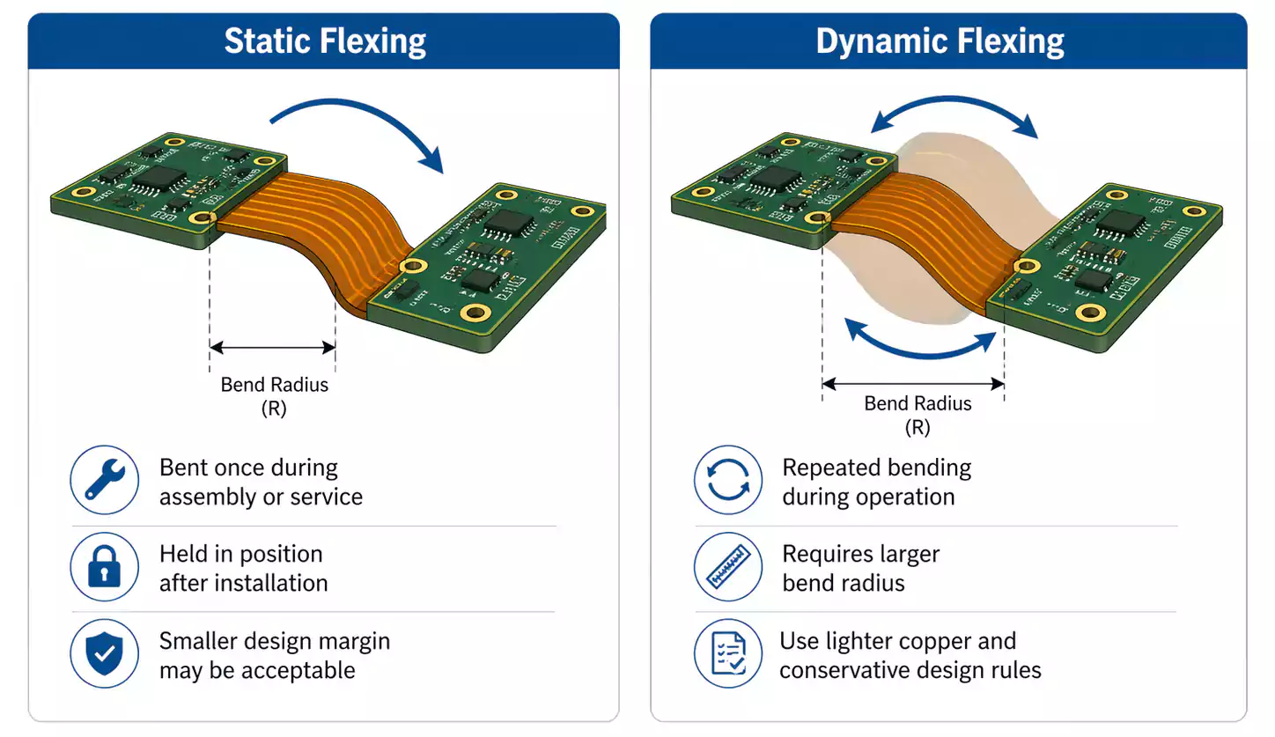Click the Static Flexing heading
[x=324, y=41]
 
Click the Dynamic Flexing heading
[x=940, y=41]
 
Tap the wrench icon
[x=105, y=481]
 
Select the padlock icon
[x=105, y=568]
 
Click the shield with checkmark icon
[x=105, y=654]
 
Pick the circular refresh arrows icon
[x=728, y=481]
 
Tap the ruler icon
[x=728, y=568]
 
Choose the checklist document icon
[x=728, y=654]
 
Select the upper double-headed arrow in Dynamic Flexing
[x=954, y=113]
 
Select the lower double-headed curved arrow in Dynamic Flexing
[x=920, y=343]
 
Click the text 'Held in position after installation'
[x=243, y=568]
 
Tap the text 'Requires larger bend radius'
[x=860, y=568]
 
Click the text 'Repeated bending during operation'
[x=876, y=482]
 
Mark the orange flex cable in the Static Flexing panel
[x=299, y=229]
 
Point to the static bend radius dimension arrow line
[x=273, y=348]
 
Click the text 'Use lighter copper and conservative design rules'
[x=909, y=655]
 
